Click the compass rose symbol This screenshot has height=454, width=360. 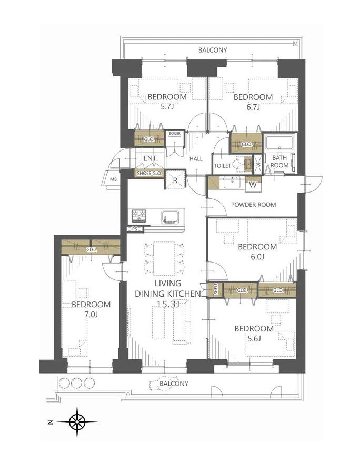(77, 421)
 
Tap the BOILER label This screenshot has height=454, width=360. (174, 134)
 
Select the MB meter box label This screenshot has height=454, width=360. (113, 179)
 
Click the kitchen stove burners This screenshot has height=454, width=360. (139, 216)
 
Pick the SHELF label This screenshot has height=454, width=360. (215, 289)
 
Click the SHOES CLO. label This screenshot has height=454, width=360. (149, 173)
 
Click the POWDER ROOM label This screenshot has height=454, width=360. (254, 205)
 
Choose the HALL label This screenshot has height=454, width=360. (196, 158)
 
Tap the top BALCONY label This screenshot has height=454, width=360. (213, 50)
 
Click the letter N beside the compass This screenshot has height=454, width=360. (49, 421)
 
